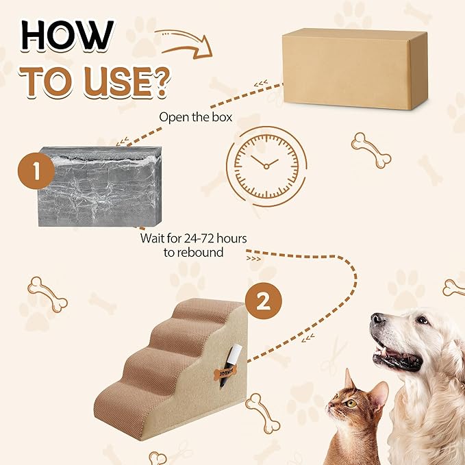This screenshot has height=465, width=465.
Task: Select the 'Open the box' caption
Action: tap(195, 116)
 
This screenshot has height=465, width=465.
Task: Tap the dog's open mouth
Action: tap(397, 357)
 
